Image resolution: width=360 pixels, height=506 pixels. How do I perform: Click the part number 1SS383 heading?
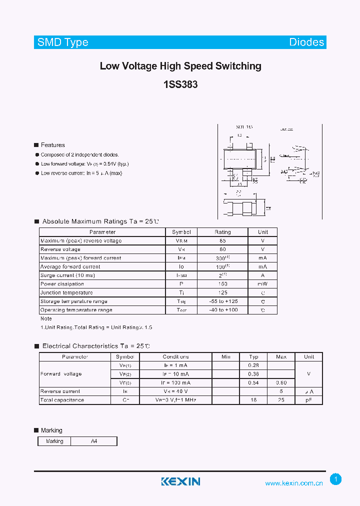coord(180,84)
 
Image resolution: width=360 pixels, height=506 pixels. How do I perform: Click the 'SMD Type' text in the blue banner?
coord(63,42)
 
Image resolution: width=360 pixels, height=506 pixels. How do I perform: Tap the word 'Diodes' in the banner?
coord(306,42)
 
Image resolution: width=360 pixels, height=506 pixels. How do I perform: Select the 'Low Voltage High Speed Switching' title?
coord(180,66)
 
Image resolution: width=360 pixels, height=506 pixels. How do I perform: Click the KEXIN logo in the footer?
coord(180,481)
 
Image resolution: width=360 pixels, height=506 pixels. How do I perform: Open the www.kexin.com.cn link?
coord(294,483)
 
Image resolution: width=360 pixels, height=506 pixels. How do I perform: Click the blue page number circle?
coord(336,479)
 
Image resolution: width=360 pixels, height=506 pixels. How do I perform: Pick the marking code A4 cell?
coord(94,441)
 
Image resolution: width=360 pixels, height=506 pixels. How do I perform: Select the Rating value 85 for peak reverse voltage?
coord(222,240)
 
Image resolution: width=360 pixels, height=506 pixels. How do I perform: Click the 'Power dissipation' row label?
coord(62,284)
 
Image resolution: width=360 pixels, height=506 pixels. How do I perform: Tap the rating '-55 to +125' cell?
coord(222,301)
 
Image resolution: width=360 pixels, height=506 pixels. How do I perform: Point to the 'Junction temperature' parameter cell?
coord(66,292)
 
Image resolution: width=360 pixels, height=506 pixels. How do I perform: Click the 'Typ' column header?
coord(253,356)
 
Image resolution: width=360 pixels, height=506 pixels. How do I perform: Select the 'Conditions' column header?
coord(175,356)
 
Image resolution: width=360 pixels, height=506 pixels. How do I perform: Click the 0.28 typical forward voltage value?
coord(253,365)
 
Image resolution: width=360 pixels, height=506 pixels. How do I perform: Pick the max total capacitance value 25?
coord(281,400)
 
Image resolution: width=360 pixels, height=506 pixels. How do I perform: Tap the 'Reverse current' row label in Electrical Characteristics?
coord(60,391)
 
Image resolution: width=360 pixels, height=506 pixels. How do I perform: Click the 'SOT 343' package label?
coord(244,127)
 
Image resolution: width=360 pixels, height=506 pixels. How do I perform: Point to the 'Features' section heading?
coord(52,145)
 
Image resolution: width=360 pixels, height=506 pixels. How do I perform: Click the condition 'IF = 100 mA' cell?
coord(175,382)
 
